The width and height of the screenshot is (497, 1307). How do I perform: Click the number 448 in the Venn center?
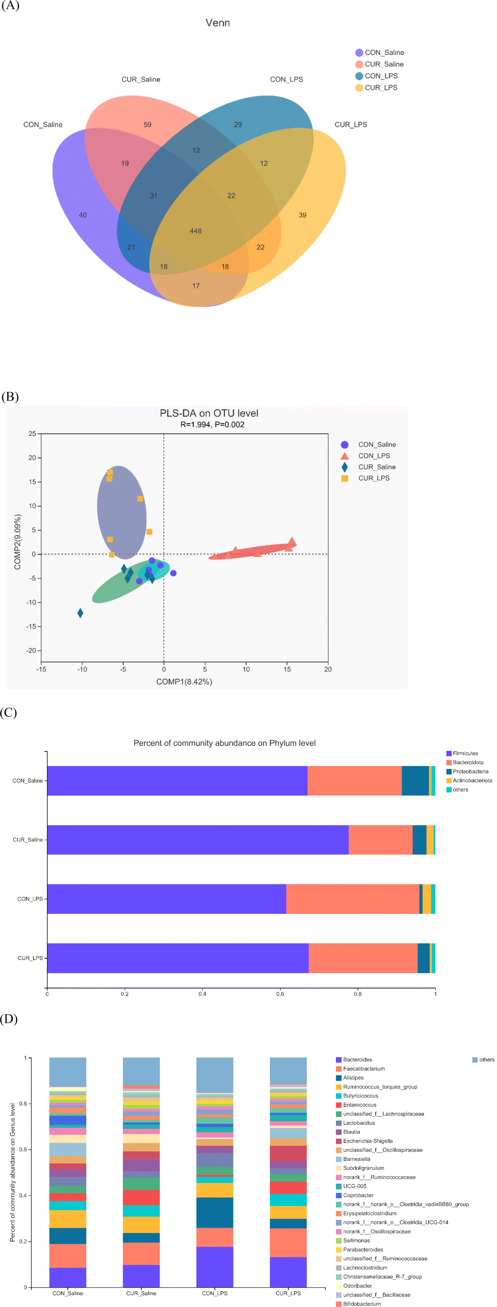196,231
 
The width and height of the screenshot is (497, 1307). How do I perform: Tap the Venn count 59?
147,124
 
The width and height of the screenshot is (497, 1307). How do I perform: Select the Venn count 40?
83,215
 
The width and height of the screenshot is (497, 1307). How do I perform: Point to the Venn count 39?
303,215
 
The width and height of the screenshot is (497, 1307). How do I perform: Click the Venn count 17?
196,286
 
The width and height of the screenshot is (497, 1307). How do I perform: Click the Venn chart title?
218,23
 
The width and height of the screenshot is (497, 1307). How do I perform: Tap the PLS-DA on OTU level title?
209,413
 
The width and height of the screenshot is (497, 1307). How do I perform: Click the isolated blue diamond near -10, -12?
80,613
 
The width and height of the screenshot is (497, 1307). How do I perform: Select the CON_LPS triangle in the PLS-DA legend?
345,456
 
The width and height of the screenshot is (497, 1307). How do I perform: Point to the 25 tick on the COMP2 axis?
33,434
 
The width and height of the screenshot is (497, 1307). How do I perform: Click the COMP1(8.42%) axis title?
184,681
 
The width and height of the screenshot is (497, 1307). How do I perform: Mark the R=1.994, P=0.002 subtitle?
212,425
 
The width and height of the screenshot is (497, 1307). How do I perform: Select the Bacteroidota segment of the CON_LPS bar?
353,898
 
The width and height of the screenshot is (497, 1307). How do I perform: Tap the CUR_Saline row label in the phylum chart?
28,840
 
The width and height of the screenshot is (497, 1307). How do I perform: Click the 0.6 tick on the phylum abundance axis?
280,993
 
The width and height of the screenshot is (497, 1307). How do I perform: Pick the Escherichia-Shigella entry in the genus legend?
367,1141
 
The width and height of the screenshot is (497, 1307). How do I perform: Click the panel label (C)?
9,713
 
